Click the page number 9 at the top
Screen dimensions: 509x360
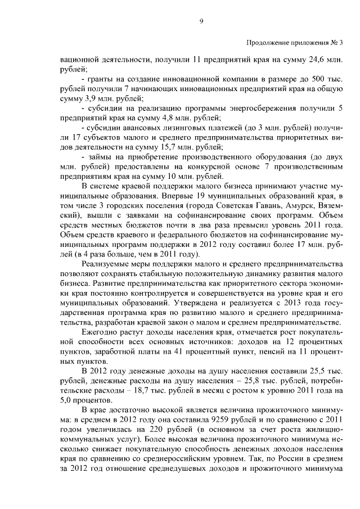point(201,22)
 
